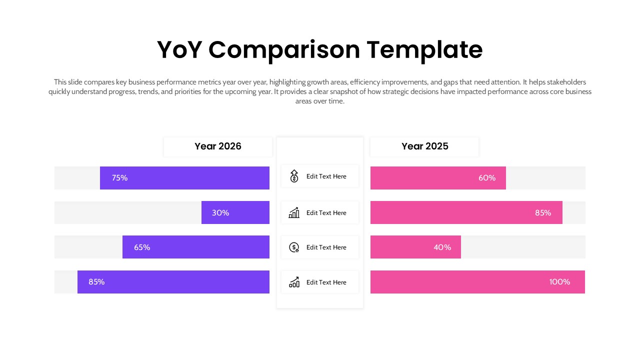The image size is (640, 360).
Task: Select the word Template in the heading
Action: point(424,50)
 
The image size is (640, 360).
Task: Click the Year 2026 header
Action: point(217,146)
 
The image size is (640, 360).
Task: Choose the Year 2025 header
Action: point(424,146)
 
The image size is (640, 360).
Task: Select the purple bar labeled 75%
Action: point(184,178)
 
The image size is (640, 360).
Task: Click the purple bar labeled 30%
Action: point(235,212)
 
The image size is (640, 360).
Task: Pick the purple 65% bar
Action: point(195,247)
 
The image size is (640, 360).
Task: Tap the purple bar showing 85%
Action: point(173,282)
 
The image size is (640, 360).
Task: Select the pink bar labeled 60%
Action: point(438,178)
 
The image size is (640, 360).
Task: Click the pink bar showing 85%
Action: point(466,212)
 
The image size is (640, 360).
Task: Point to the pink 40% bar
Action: point(415,247)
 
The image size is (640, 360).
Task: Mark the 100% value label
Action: point(559,282)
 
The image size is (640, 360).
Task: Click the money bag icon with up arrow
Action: point(294,176)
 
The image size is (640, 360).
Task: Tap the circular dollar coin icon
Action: point(294,247)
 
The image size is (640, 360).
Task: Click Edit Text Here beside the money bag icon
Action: point(326,176)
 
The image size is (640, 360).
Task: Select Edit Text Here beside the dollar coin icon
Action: point(326,247)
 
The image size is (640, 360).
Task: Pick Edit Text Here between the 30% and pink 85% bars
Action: point(326,213)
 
